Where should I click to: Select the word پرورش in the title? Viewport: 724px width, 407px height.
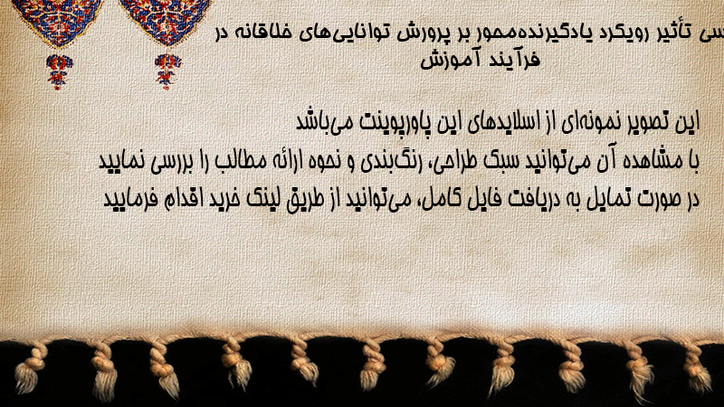tap(422, 34)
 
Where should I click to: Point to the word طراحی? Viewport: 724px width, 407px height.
tap(455, 162)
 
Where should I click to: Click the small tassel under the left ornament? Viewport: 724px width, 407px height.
tap(59, 71)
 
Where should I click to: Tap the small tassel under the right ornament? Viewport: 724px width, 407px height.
tap(167, 71)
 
